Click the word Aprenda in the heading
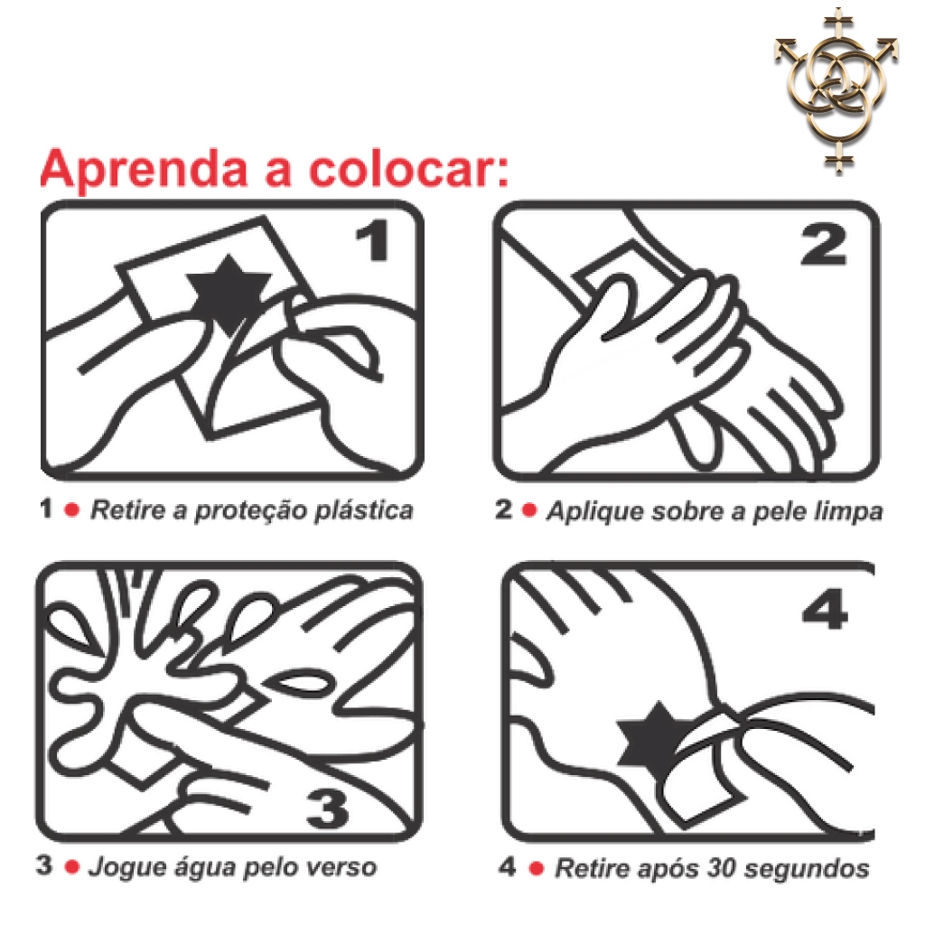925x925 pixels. point(144,170)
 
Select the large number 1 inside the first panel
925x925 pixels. point(373,240)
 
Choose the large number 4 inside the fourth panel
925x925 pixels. point(825,608)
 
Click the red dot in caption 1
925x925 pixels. point(72,509)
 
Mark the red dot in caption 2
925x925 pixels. point(529,509)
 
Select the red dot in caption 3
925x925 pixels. point(72,866)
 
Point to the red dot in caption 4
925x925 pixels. point(537,868)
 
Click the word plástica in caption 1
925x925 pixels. point(363,511)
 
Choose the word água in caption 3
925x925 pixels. point(195,868)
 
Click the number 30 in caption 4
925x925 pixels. point(722,868)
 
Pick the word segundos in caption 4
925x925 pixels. point(807,870)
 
